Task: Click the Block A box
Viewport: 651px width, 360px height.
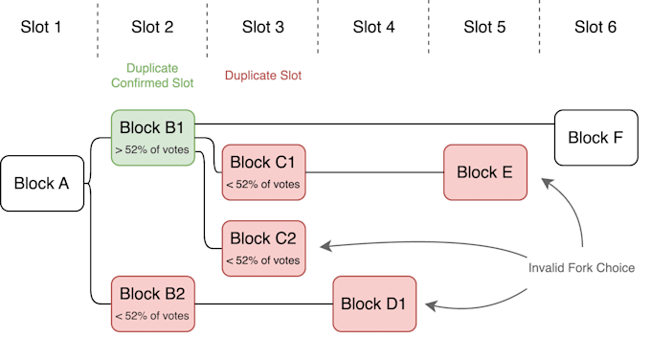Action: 42,183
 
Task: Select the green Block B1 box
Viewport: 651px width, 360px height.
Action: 152,137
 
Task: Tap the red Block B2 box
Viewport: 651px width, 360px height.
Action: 152,304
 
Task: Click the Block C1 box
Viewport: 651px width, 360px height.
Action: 263,172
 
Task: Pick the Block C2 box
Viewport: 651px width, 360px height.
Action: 263,248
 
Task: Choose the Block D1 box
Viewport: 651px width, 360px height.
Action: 374,304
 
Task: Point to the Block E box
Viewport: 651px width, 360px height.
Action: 485,172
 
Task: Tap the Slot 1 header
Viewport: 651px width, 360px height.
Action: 41,27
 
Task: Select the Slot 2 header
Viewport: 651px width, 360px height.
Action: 152,27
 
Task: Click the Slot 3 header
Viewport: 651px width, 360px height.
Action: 263,27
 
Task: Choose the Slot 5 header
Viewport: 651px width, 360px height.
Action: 484,27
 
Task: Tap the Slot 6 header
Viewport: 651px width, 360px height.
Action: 595,27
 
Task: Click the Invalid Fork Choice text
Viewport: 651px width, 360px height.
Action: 581,268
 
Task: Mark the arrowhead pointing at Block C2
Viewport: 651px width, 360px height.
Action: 326,247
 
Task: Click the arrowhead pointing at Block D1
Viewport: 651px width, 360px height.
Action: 431,306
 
